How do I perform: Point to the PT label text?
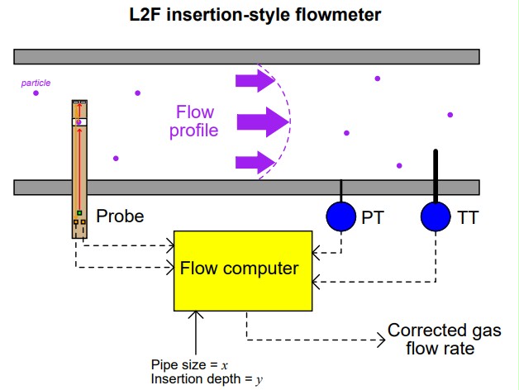point(373,218)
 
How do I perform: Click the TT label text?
point(467,218)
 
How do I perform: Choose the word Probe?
point(120,217)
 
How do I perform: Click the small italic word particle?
point(36,83)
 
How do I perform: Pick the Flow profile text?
point(194,121)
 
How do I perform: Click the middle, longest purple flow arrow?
point(263,121)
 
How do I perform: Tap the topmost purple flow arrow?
point(255,80)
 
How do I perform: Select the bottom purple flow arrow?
point(255,162)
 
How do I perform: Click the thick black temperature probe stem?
point(436,174)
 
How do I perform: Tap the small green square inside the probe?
point(79,213)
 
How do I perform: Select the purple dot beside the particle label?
point(36,93)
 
